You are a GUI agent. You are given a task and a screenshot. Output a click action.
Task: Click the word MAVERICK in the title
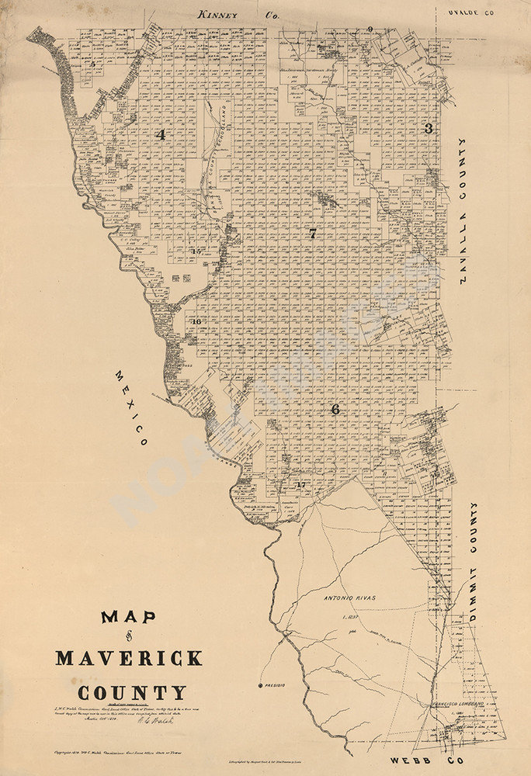click(129, 659)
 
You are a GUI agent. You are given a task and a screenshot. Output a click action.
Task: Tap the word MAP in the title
click(128, 618)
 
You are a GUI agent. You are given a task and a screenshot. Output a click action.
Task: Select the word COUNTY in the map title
click(131, 692)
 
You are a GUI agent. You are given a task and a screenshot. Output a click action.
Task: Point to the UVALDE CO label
click(470, 13)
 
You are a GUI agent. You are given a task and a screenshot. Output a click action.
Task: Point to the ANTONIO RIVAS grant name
click(349, 598)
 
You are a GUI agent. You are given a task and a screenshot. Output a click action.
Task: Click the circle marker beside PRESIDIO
click(261, 686)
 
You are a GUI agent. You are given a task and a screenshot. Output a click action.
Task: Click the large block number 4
click(161, 134)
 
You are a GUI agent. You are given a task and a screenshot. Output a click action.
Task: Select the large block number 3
click(428, 129)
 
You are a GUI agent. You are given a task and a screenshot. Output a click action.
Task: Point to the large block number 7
click(312, 234)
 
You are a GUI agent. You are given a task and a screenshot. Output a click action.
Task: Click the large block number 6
click(335, 409)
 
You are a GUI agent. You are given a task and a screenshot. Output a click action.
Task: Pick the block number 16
click(196, 321)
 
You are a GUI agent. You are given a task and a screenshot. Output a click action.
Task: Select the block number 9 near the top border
click(370, 29)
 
